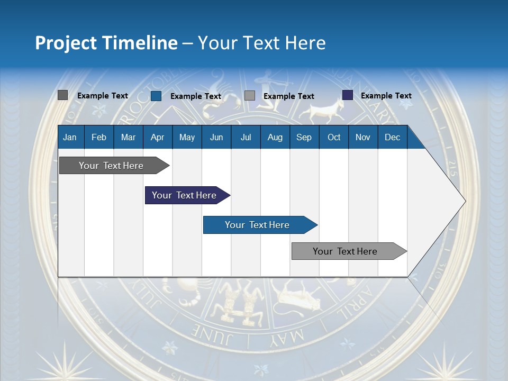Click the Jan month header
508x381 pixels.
tap(70, 137)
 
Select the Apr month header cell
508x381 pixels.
tap(157, 137)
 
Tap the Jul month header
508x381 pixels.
tap(246, 137)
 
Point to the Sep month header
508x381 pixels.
tap(304, 137)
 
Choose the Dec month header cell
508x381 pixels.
tap(392, 137)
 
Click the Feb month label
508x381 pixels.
tap(99, 137)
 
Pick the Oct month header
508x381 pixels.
tap(334, 137)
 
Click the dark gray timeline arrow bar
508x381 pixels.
tap(111, 166)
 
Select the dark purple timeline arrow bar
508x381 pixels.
tap(184, 195)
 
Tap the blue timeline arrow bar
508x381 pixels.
tap(257, 225)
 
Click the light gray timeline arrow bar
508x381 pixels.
tap(345, 251)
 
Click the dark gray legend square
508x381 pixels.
tap(62, 95)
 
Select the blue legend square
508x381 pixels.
tap(156, 96)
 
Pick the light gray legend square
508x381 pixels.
tap(250, 96)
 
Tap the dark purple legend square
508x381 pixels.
tap(347, 95)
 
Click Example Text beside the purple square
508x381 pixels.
tap(386, 96)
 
